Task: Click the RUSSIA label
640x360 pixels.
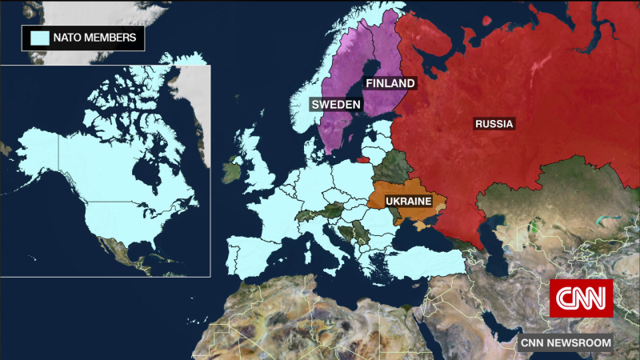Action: point(494,124)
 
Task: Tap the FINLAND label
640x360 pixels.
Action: point(390,83)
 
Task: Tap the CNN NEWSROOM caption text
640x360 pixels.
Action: point(566,342)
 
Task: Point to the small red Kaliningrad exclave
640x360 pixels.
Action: point(362,158)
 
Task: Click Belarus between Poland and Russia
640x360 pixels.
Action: point(390,166)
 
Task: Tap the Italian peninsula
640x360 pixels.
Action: point(328,240)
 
